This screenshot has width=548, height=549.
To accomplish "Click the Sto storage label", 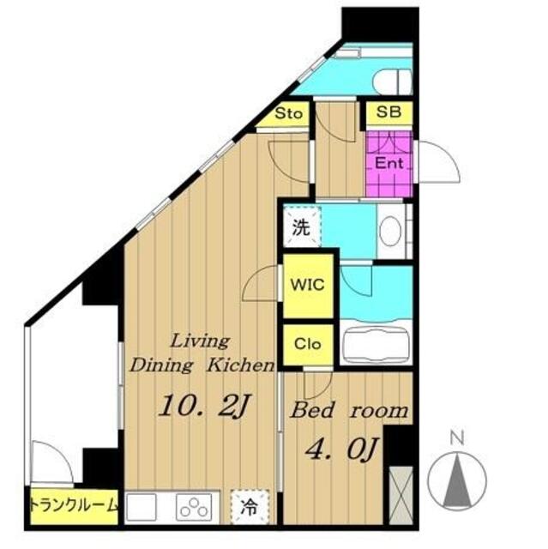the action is [x=288, y=113].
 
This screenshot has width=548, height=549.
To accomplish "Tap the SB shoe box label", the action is [x=388, y=112].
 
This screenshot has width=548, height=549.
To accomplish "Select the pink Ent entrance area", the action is [x=389, y=164].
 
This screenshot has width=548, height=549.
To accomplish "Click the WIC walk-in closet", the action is [x=308, y=286].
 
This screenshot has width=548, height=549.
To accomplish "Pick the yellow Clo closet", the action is [x=308, y=345].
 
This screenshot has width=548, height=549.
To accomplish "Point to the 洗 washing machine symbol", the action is [x=302, y=226].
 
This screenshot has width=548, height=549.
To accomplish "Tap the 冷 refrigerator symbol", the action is [x=250, y=507].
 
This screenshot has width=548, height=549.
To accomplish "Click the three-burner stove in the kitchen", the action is [x=195, y=506].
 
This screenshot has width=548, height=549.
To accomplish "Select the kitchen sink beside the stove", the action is [x=142, y=507].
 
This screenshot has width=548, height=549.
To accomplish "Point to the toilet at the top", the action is [x=393, y=81].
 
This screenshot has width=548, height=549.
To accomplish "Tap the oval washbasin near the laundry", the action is [x=390, y=232].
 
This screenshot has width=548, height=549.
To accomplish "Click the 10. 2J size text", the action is [x=203, y=406].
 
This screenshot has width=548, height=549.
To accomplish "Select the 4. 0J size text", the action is [x=341, y=449].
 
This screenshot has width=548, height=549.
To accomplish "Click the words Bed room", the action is [x=349, y=410].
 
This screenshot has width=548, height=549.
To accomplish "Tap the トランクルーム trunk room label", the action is [x=74, y=505].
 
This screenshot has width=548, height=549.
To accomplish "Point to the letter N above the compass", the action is [x=457, y=437].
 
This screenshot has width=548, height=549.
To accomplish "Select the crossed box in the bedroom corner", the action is [x=401, y=495].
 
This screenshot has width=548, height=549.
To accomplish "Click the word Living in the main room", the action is [x=201, y=341].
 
